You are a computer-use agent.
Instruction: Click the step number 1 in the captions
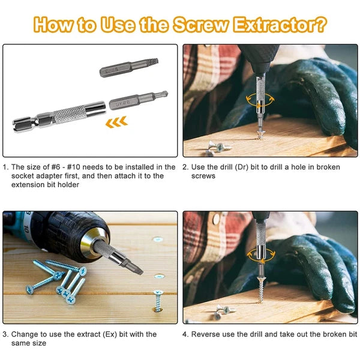(5, 167)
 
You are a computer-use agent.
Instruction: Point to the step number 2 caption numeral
(185, 167)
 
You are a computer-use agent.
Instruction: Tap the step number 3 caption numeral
(5, 334)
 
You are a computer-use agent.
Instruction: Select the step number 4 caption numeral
(185, 334)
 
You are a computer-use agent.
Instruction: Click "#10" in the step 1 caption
(73, 167)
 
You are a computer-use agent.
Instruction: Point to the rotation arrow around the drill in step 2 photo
(259, 100)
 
